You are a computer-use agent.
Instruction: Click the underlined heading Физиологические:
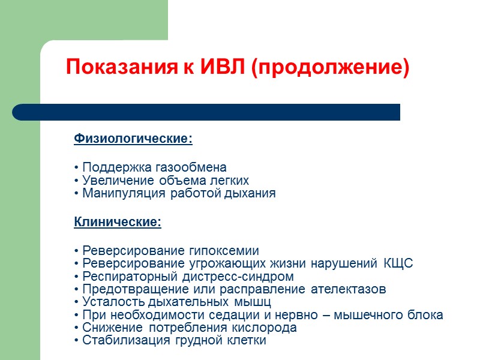[133, 139]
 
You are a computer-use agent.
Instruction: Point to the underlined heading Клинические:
[118, 223]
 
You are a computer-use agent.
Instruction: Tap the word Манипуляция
[119, 194]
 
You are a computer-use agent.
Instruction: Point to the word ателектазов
[349, 289]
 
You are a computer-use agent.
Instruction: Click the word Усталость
[109, 302]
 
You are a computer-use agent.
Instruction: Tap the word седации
[251, 315]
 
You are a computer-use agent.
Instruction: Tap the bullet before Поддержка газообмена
[77, 168]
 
